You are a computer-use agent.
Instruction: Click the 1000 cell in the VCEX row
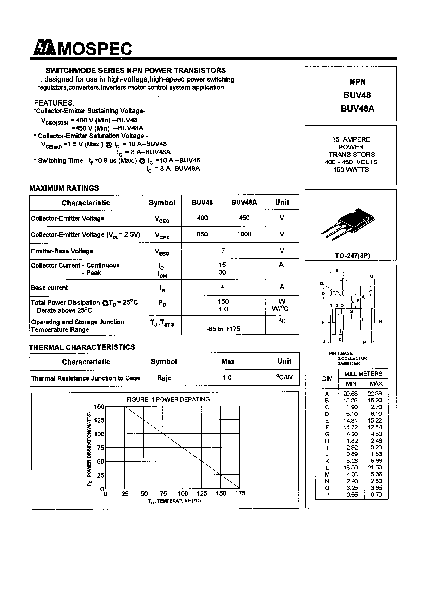[x=244, y=234]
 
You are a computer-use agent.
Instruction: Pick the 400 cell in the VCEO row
[x=202, y=218]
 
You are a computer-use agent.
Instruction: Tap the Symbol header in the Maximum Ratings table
[x=162, y=203]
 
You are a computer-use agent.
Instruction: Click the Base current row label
[x=49, y=288]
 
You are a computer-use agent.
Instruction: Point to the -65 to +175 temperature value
[x=223, y=329]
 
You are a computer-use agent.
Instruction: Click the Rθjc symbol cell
[x=164, y=378]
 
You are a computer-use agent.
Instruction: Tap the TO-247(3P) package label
[x=352, y=256]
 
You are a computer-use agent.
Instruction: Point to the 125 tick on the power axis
[x=99, y=420]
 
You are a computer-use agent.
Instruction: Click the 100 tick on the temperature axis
[x=183, y=493]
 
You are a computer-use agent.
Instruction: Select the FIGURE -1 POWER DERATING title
[x=168, y=400]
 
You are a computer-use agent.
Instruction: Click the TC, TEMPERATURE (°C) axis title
[x=174, y=501]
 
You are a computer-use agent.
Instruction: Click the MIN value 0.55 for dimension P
[x=352, y=495]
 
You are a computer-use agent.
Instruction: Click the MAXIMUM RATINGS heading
[x=64, y=188]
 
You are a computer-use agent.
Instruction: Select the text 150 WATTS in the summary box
[x=351, y=170]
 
